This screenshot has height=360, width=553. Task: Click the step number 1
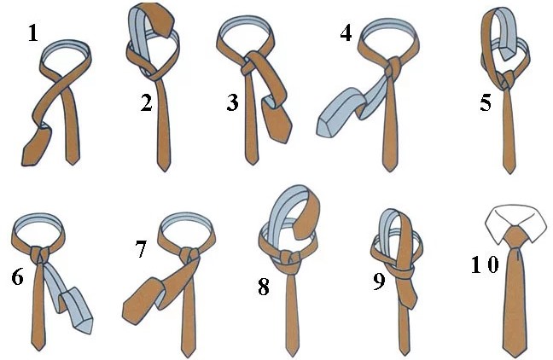(32, 34)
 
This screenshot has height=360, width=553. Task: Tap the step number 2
(147, 103)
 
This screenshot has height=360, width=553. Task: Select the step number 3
(233, 103)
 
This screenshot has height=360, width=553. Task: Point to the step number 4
(346, 33)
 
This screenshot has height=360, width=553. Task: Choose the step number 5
(486, 103)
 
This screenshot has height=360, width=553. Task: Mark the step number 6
(17, 276)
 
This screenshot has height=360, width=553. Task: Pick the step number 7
(141, 249)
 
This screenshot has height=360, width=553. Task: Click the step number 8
(264, 287)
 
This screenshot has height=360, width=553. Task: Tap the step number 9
(379, 282)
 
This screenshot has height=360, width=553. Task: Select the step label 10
(485, 264)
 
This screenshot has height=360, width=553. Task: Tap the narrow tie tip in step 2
(164, 166)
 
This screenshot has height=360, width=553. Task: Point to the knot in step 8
(288, 258)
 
